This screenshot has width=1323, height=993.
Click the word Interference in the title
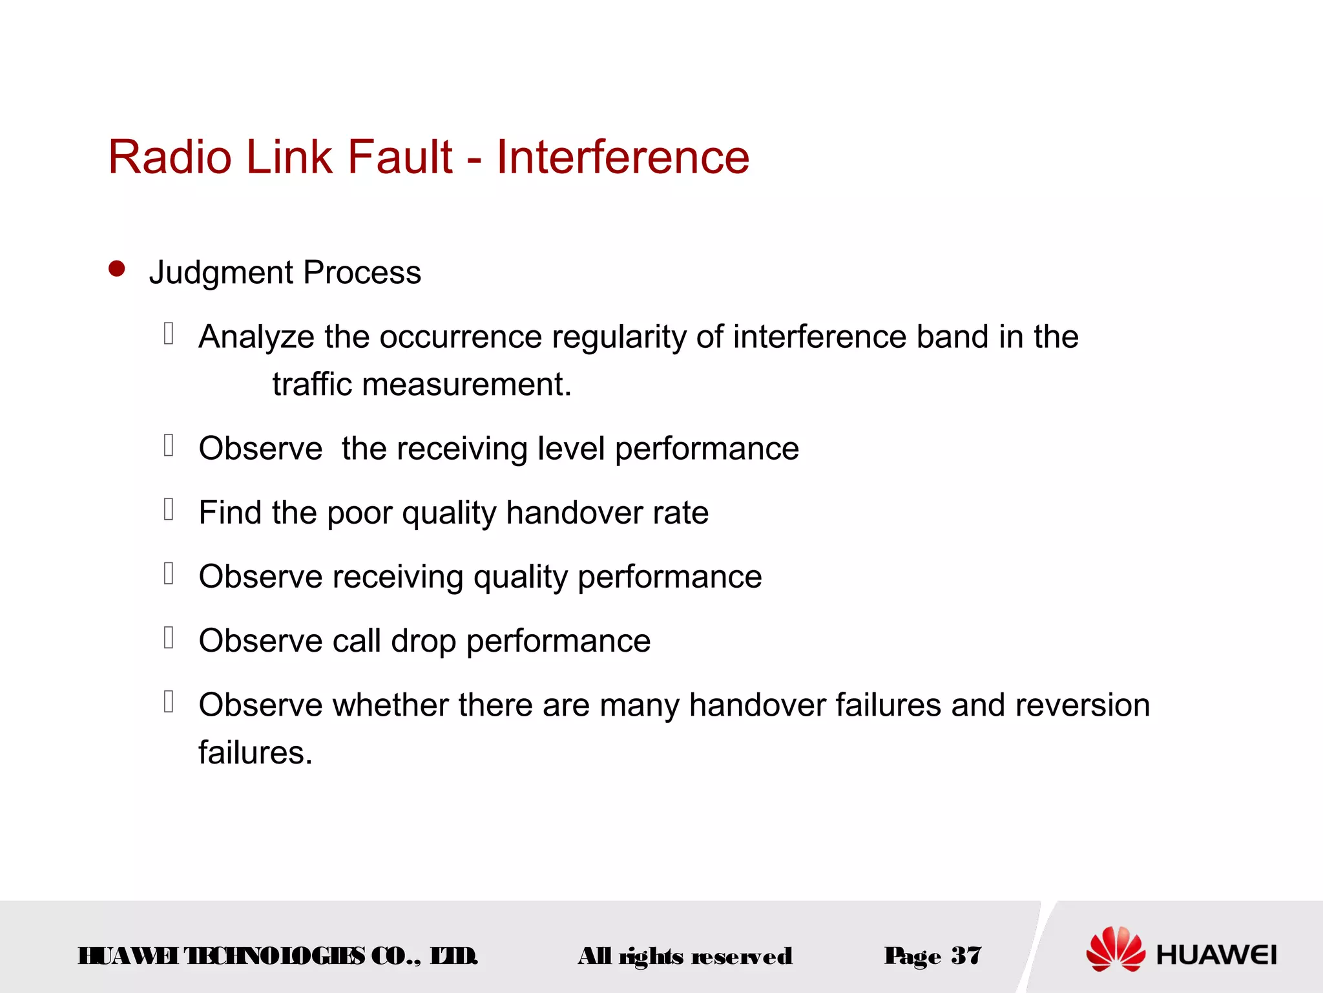pos(622,157)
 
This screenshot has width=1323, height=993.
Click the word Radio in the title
pos(169,157)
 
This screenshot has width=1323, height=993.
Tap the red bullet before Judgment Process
pos(117,268)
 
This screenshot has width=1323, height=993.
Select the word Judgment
pos(221,273)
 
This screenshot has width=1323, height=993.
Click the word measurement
pos(466,385)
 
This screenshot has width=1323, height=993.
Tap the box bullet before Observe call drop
pos(169,637)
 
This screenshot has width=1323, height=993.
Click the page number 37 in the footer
pos(966,956)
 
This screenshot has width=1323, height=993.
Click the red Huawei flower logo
pos(1116,949)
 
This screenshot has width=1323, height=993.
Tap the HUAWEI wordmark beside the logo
pos(1216,955)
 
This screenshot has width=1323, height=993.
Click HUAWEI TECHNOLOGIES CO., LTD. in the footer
pos(278,956)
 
